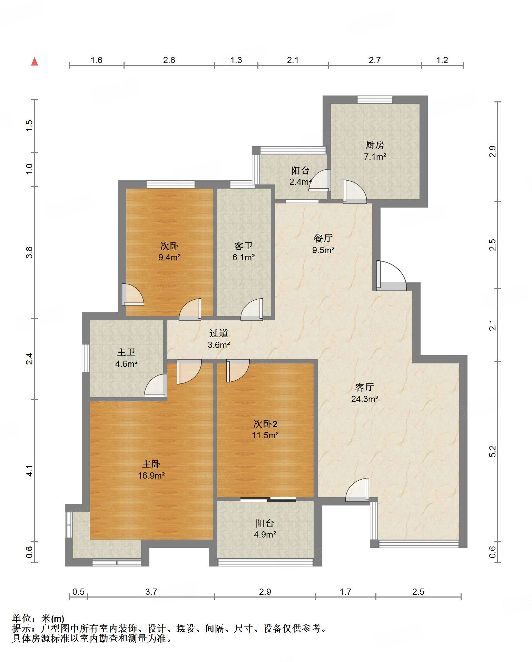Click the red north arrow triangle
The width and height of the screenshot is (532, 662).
35,61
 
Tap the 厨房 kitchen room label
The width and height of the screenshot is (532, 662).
375,145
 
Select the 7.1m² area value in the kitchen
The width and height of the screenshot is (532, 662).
375,157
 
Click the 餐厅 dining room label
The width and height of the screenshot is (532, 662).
323,238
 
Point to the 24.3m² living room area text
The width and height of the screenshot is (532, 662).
365,399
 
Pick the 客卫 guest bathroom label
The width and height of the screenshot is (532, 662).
244,246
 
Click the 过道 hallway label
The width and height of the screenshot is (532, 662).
219,333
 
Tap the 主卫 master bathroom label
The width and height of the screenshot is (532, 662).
126,352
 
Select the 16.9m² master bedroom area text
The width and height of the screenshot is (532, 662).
151,476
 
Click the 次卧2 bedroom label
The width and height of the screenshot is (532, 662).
265,424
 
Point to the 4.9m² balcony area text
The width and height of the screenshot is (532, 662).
265,535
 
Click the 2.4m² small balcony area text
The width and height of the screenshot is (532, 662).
301,182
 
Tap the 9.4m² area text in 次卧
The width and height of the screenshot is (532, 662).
169,257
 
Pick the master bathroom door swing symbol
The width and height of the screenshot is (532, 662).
156,385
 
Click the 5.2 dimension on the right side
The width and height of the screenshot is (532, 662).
492,451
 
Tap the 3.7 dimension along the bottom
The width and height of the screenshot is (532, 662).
151,592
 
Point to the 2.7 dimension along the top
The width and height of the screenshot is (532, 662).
375,60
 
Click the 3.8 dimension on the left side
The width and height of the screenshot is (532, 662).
29,252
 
